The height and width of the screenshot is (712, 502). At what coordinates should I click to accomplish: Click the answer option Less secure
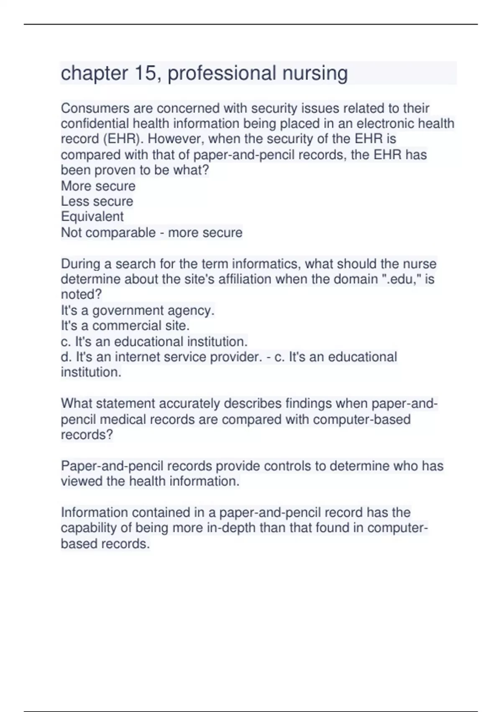pos(97,201)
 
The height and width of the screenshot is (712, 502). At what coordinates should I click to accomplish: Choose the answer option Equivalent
pos(92,217)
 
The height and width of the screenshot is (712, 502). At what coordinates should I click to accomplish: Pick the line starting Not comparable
pos(151,232)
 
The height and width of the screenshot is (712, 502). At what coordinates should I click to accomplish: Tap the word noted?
pos(81,294)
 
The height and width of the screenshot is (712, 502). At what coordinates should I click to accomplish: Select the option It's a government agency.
pos(138,310)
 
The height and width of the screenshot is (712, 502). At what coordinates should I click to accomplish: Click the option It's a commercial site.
pos(125,326)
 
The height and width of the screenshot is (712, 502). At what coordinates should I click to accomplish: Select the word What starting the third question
pos(77,403)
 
